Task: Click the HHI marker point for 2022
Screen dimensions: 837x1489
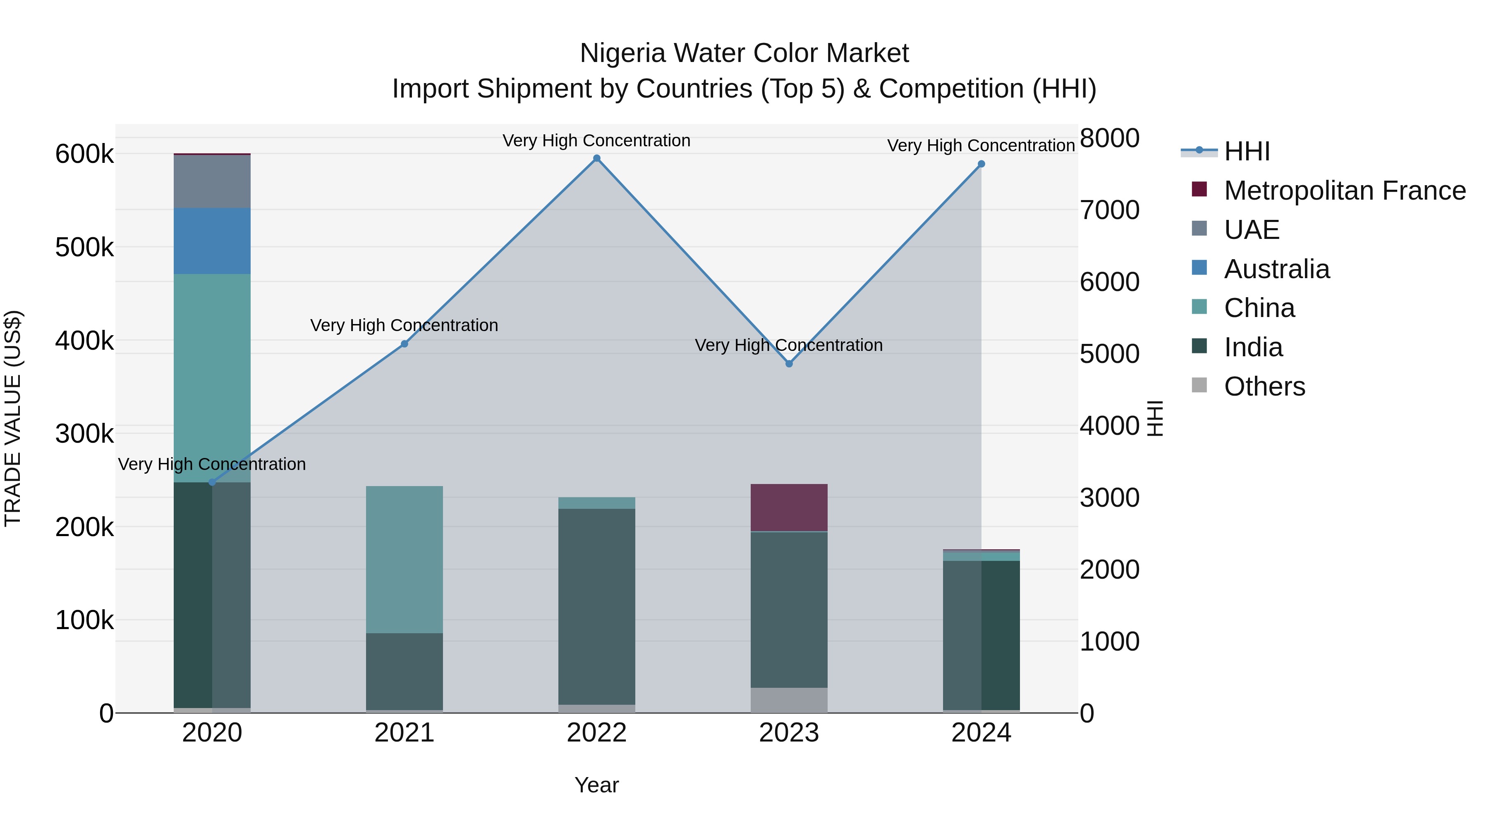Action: pos(596,158)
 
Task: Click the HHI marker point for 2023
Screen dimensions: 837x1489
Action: pos(789,363)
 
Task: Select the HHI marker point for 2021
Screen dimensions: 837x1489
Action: pos(405,344)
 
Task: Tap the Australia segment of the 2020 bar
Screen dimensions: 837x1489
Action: pos(212,241)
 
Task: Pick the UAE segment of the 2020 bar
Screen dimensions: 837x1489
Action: pos(212,181)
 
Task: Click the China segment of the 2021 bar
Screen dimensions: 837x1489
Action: pos(405,559)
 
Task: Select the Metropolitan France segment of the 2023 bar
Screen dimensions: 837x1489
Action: pos(789,507)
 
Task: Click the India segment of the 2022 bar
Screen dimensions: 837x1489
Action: pos(596,606)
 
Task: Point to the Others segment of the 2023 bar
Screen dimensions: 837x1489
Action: pos(789,700)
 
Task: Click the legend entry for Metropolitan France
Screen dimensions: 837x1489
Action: pos(1345,191)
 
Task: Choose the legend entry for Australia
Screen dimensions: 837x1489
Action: pos(1276,269)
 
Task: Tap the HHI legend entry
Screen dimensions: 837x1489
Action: pos(1247,151)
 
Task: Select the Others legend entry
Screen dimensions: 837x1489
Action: pos(1264,386)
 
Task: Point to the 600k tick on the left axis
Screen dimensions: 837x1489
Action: pos(84,154)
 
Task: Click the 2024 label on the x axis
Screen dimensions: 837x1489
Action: pos(981,733)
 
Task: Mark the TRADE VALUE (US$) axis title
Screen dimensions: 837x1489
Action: pos(13,418)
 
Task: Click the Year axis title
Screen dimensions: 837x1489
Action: pos(596,785)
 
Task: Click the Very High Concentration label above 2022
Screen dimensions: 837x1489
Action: pos(596,141)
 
